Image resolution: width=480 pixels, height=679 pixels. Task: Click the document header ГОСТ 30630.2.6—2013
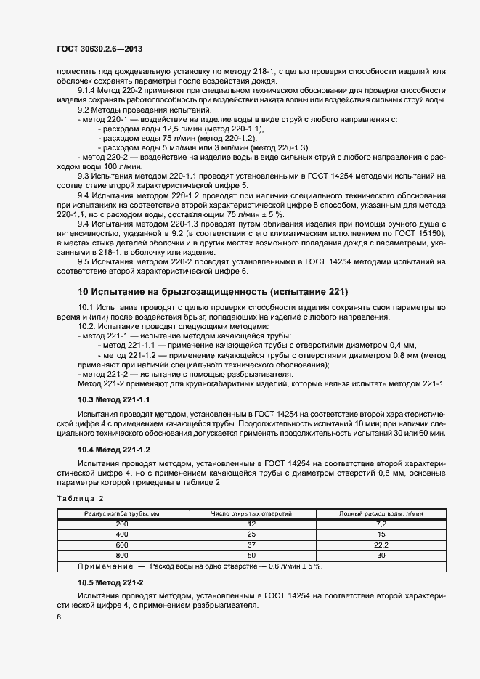[x=99, y=48]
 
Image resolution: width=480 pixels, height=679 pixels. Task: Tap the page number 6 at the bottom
[x=59, y=617]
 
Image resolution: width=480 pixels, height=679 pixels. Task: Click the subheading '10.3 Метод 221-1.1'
[x=113, y=400]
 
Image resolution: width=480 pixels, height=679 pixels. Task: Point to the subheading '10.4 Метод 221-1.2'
[x=113, y=450]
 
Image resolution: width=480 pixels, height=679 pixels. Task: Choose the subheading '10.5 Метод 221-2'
[x=110, y=582]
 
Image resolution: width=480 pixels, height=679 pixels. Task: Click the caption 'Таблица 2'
[x=81, y=498]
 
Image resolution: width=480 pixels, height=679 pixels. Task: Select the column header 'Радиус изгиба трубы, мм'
[x=121, y=513]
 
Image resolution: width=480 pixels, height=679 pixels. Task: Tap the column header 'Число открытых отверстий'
[x=251, y=513]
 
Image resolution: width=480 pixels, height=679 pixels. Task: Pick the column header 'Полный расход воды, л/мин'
[x=381, y=513]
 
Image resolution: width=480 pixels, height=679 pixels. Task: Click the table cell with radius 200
[x=121, y=524]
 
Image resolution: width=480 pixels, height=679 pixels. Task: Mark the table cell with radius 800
[x=121, y=555]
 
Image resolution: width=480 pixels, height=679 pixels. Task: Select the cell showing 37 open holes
[x=251, y=545]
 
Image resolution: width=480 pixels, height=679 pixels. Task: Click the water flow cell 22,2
[x=381, y=545]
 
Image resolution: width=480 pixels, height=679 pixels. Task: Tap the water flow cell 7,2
[x=381, y=524]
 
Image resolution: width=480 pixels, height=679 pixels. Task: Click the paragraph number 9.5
[x=84, y=261]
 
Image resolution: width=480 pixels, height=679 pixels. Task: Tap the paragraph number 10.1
[x=86, y=307]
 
